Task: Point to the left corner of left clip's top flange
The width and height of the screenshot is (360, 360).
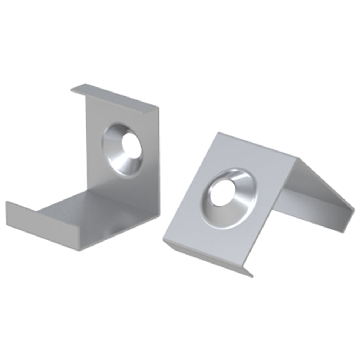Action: [x=71, y=89]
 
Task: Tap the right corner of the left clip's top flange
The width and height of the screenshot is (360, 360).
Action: [x=158, y=108]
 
